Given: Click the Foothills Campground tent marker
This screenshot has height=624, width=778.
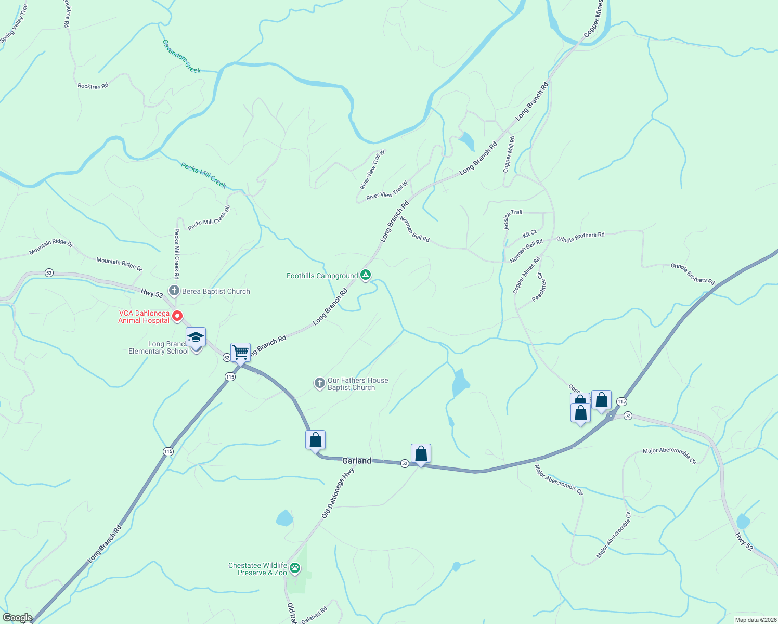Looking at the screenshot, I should [366, 275].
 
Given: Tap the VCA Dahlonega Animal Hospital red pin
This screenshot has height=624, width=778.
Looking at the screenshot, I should [177, 315].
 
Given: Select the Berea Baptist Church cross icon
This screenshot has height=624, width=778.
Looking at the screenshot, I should [174, 291].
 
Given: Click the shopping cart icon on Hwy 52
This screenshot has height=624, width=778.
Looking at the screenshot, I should [240, 352].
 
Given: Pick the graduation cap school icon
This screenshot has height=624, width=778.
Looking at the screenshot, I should [196, 337].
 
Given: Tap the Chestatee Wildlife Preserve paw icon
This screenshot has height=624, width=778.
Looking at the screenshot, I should [295, 568].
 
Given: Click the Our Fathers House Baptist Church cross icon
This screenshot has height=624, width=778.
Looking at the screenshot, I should [319, 384].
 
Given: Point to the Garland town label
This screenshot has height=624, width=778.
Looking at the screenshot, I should [357, 461].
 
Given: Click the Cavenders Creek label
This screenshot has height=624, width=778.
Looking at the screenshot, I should [181, 57].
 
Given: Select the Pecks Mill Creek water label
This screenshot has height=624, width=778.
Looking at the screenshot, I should [203, 175].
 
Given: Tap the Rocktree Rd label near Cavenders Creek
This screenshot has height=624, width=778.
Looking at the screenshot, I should [93, 86].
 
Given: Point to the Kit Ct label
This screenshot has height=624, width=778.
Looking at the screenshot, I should [529, 233].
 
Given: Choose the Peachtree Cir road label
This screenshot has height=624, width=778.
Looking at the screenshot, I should [538, 287].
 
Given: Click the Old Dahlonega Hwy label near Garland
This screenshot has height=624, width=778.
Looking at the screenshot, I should [338, 492].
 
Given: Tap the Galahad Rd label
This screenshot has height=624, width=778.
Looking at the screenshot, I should [314, 615].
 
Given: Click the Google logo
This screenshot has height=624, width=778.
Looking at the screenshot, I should [17, 618].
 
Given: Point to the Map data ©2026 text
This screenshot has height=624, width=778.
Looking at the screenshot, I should [755, 620].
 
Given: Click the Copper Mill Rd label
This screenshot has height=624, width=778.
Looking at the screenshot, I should [509, 154].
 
